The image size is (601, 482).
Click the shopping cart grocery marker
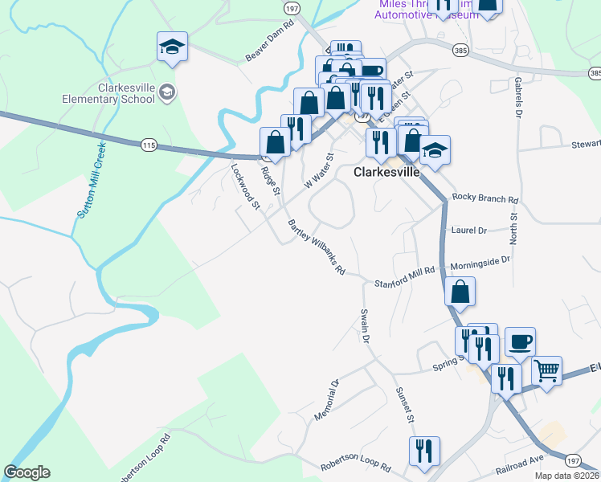click(x=546, y=371)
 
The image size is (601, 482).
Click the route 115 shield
click(x=148, y=145)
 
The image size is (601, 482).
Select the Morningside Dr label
click(x=480, y=262)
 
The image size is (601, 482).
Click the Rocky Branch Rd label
click(x=485, y=198)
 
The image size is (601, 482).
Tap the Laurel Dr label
click(x=470, y=230)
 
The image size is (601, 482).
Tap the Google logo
click(x=27, y=472)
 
